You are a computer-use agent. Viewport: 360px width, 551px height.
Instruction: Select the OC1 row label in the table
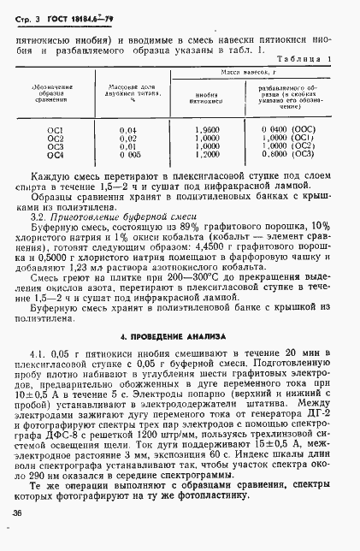55,129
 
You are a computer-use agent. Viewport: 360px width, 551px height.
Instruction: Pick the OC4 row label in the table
55,154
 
